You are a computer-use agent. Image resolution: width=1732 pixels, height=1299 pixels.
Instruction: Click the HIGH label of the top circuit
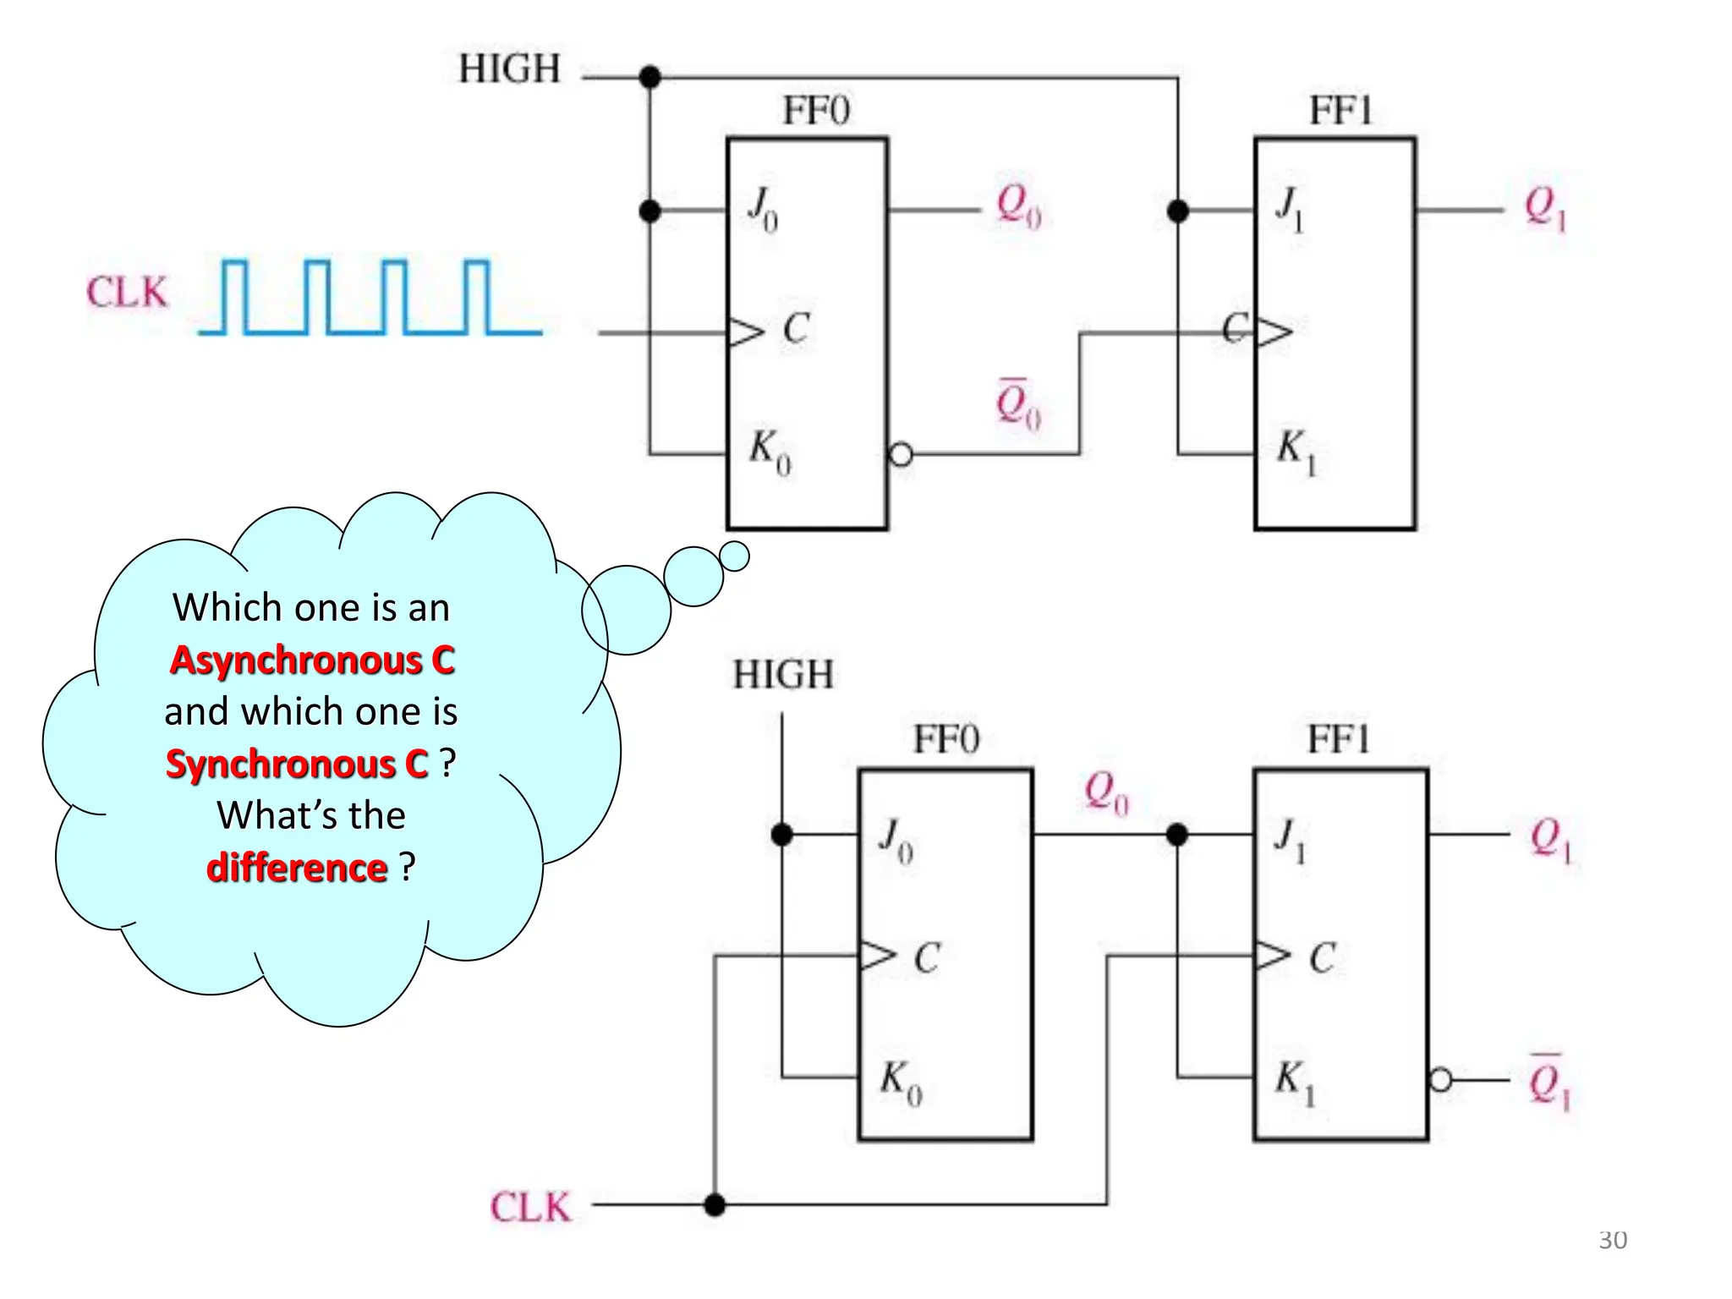pyautogui.click(x=509, y=69)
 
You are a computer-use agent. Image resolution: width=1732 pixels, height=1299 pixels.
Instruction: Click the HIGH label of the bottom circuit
pyautogui.click(x=783, y=676)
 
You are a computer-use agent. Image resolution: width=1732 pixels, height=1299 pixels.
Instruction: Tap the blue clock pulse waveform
pyautogui.click(x=370, y=298)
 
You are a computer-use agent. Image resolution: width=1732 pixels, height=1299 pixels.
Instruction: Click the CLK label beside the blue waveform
pyautogui.click(x=127, y=293)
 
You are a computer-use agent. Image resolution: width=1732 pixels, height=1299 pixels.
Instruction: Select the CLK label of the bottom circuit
pyautogui.click(x=530, y=1207)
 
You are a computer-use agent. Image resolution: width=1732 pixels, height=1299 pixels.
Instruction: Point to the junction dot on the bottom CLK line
pyautogui.click(x=715, y=1204)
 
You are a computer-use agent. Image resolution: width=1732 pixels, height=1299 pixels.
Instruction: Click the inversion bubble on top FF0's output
pyautogui.click(x=902, y=455)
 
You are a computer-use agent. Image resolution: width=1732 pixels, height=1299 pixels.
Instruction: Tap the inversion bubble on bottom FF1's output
pyautogui.click(x=1440, y=1080)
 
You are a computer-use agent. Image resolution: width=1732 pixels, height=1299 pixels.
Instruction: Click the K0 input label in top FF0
pyautogui.click(x=770, y=451)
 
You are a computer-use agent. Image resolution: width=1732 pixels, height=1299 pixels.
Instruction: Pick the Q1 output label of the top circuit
pyautogui.click(x=1545, y=208)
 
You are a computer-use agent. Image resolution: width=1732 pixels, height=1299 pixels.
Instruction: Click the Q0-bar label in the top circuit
pyautogui.click(x=1017, y=404)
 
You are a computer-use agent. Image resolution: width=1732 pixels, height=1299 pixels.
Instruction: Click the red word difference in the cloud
pyautogui.click(x=297, y=868)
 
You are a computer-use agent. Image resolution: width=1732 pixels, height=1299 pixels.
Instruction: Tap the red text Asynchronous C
pyautogui.click(x=312, y=660)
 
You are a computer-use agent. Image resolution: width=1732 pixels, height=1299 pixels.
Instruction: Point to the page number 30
pyautogui.click(x=1613, y=1240)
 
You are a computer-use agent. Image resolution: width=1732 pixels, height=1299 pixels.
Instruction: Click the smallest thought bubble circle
pyautogui.click(x=734, y=556)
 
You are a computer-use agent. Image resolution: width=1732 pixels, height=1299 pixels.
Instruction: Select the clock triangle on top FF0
pyautogui.click(x=745, y=332)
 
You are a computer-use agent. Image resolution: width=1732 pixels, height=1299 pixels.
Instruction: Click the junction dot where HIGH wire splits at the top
pyautogui.click(x=649, y=78)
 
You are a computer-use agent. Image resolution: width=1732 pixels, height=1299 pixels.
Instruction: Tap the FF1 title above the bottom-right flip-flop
pyautogui.click(x=1338, y=739)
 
